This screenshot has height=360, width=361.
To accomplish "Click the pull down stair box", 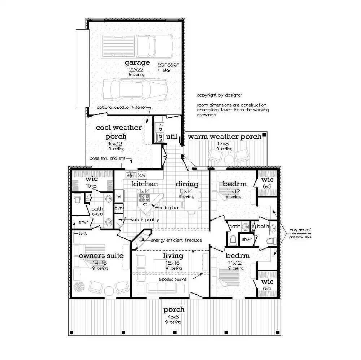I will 169,68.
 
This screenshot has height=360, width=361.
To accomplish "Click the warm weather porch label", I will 224,136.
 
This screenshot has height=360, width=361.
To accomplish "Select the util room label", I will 171,136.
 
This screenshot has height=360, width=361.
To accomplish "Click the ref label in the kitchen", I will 118,196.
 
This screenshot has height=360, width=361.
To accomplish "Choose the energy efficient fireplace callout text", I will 176,240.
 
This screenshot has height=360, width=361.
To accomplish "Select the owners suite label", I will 101,256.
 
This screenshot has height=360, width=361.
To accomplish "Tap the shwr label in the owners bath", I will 83,222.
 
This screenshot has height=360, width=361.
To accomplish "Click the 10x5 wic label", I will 91,186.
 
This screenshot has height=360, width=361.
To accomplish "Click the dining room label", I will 187,184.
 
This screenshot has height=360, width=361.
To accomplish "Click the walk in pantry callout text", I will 144,220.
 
